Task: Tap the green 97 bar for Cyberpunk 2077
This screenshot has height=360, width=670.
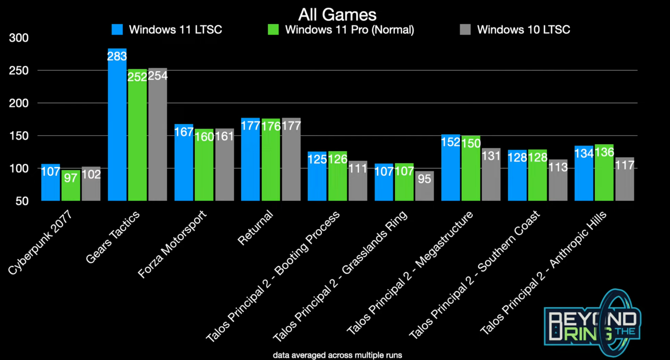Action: pyautogui.click(x=71, y=185)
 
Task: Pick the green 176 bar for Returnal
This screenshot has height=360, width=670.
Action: pyautogui.click(x=271, y=159)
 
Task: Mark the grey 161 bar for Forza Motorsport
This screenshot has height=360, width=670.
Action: pyautogui.click(x=224, y=165)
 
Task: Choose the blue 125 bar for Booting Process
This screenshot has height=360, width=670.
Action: pyautogui.click(x=317, y=176)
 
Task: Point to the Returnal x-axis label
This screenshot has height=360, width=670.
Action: pyautogui.click(x=255, y=228)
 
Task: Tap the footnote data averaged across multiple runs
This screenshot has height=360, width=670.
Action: pyautogui.click(x=337, y=355)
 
